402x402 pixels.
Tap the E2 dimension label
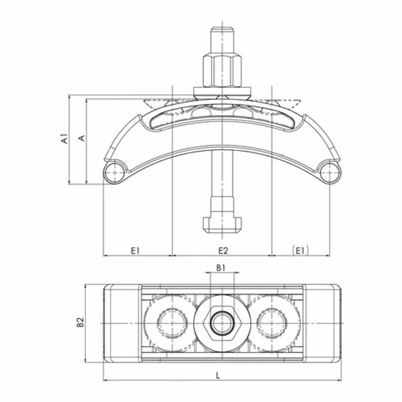(222, 250)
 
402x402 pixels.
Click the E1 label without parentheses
(135, 250)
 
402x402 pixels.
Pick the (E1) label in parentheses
(300, 250)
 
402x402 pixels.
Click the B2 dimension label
(80, 322)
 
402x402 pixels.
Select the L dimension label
(218, 376)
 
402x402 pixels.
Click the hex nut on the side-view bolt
(222, 71)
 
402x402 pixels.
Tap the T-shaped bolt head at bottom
(222, 223)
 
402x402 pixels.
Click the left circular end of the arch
(116, 173)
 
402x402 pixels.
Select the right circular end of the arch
(329, 173)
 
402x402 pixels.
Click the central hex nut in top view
(222, 322)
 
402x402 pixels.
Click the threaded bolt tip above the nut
(222, 39)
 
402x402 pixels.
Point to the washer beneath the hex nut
(222, 90)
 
